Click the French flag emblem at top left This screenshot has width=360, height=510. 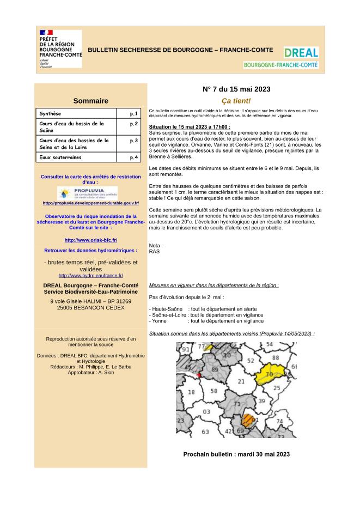point(46,33)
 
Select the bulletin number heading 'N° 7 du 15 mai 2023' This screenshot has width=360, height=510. point(236,89)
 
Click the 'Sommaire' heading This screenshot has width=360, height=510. point(90,100)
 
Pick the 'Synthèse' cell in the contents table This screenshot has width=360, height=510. point(51,114)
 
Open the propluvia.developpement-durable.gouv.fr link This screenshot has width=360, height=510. point(90,203)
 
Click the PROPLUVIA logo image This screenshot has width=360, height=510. point(87,193)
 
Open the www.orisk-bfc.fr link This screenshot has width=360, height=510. point(90,240)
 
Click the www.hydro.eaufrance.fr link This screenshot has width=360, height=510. point(90,276)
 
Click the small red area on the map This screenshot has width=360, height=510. point(199,375)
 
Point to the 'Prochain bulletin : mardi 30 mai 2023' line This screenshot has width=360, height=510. point(236,454)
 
